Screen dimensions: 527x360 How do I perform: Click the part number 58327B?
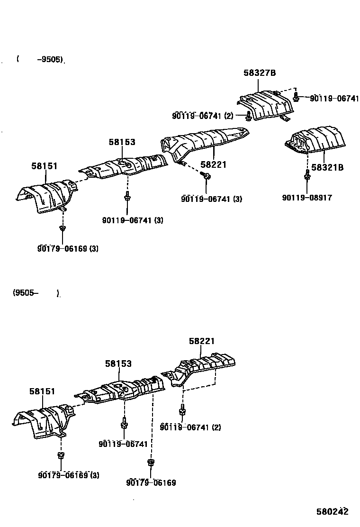[260, 73]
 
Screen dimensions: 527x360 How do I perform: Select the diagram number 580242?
[333, 512]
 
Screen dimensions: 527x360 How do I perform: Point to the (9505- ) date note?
[36, 293]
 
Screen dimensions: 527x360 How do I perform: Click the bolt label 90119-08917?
[307, 198]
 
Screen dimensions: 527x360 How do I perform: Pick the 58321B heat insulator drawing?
[315, 139]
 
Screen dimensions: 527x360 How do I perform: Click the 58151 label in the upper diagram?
[45, 166]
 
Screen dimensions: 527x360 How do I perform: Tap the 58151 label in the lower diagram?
[42, 391]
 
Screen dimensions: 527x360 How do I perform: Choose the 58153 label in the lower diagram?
[118, 363]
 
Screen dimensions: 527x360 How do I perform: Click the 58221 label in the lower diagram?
[202, 341]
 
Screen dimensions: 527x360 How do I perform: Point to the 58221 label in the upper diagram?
[213, 165]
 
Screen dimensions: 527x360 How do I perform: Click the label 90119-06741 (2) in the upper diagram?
[203, 116]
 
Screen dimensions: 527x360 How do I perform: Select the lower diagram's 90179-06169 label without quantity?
[151, 483]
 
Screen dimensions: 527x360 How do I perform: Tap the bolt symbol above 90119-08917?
[307, 177]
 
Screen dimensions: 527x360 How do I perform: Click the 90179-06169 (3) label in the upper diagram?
[68, 248]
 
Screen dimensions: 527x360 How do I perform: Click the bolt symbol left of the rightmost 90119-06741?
[296, 98]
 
